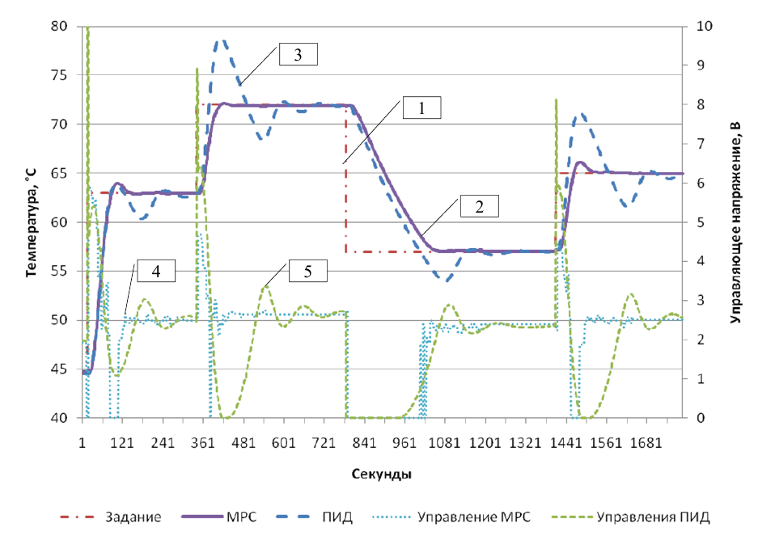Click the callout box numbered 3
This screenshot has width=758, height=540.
(298, 55)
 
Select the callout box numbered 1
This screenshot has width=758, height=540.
(421, 108)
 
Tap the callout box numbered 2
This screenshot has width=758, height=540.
(480, 206)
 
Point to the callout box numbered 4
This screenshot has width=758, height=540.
(155, 272)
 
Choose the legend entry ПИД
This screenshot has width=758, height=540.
(338, 517)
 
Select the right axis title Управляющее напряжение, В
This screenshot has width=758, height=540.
(735, 221)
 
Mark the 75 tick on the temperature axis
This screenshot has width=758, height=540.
(59, 75)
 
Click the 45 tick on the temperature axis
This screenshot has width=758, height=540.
(59, 369)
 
